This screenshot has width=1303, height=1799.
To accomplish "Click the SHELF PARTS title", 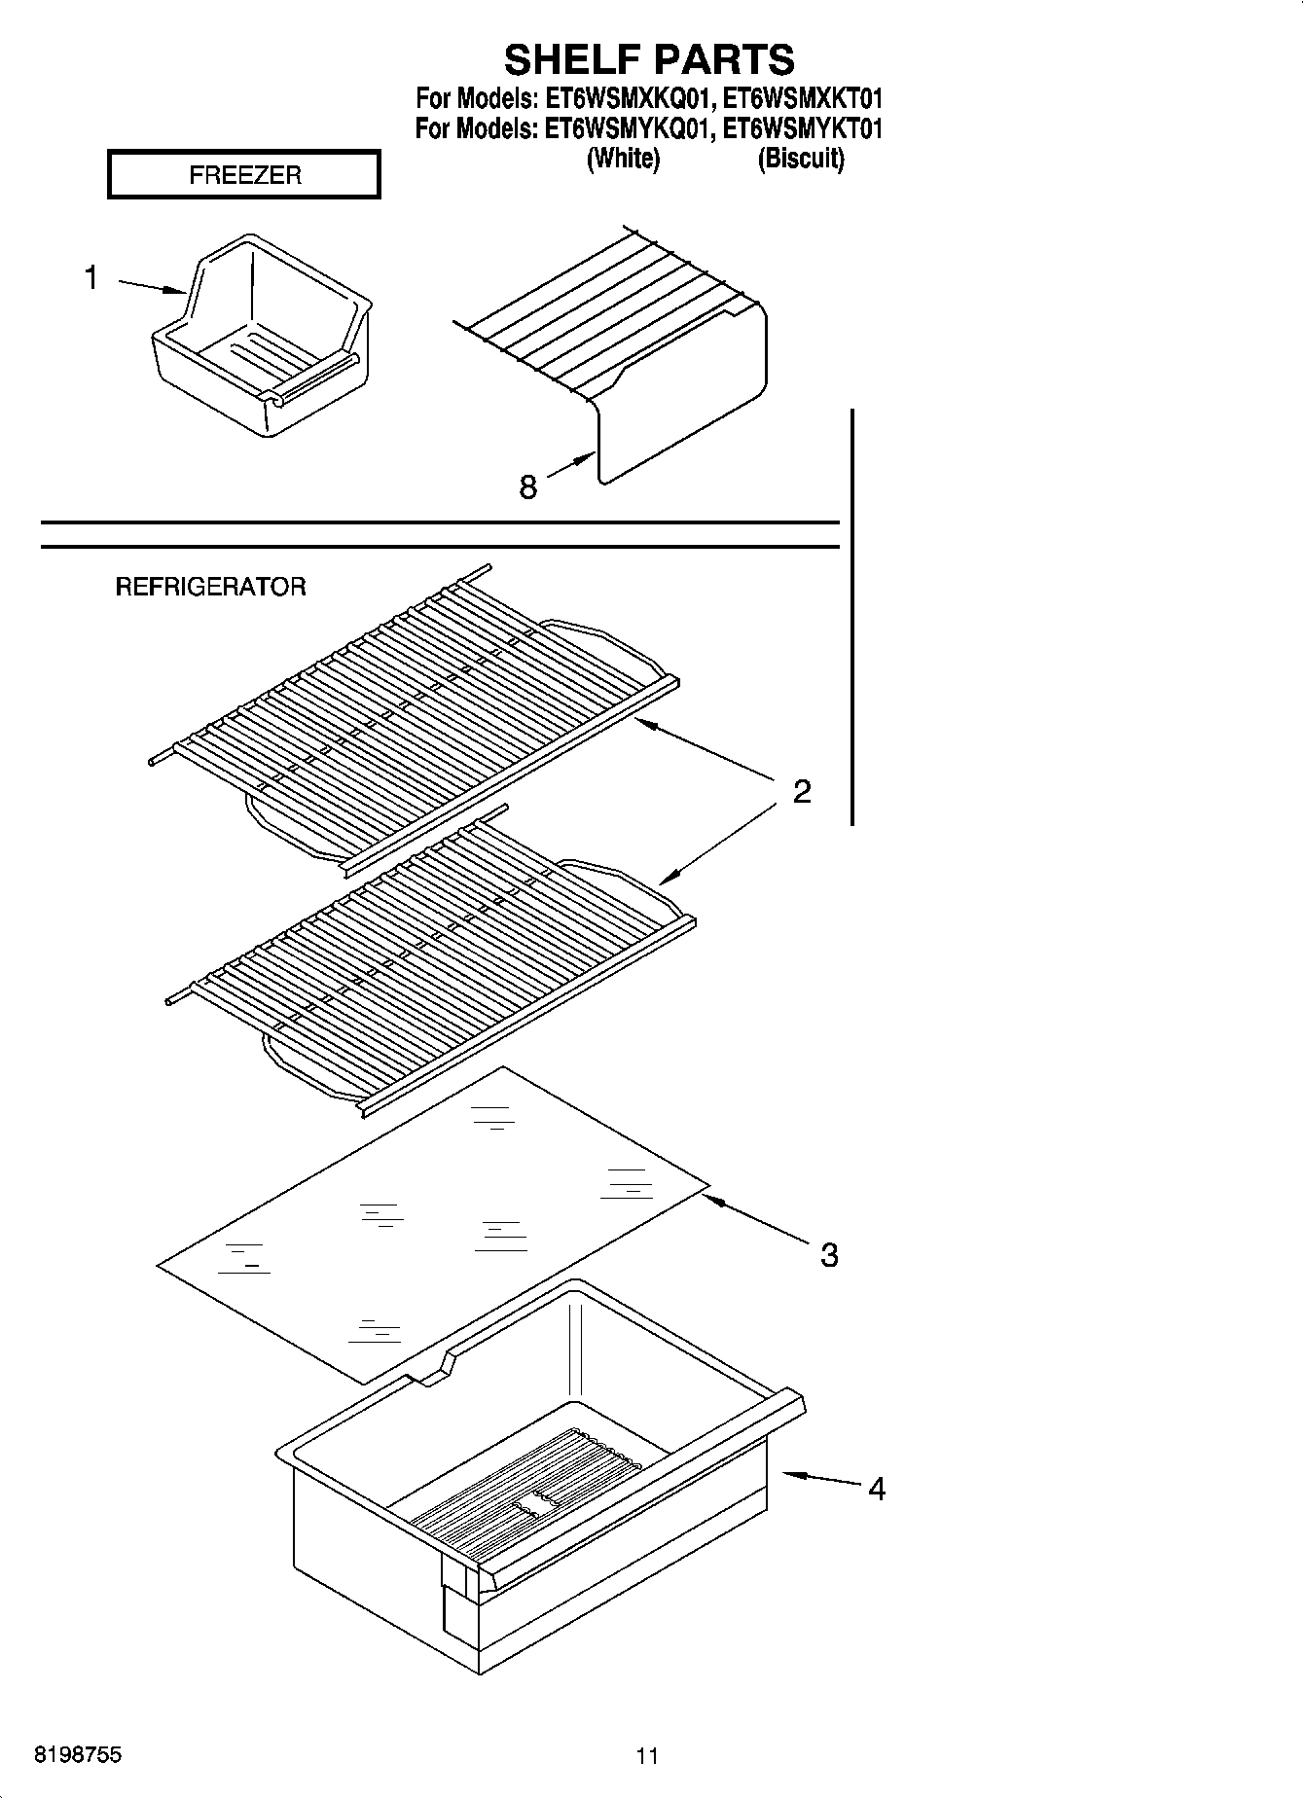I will [x=649, y=59].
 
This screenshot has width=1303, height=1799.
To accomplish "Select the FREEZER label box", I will [x=243, y=175].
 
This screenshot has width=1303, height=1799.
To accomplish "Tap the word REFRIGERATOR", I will [x=210, y=587].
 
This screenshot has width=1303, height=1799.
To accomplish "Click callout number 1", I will [x=90, y=278].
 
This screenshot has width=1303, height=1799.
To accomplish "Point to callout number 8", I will [x=527, y=486].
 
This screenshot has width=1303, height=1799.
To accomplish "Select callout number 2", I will [x=802, y=792].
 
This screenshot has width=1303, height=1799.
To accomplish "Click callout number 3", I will [x=828, y=1255].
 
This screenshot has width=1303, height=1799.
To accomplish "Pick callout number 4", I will [x=876, y=1489].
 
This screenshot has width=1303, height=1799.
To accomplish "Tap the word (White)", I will [x=623, y=159].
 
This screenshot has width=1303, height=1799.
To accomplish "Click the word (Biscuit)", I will [x=801, y=159].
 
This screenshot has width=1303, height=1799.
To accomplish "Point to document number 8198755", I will [x=78, y=1755].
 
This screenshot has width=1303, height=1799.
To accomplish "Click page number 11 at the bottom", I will [x=647, y=1756].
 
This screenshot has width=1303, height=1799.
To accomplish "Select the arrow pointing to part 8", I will [x=572, y=464].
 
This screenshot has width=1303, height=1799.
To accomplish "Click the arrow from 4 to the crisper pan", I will [x=822, y=1480].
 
